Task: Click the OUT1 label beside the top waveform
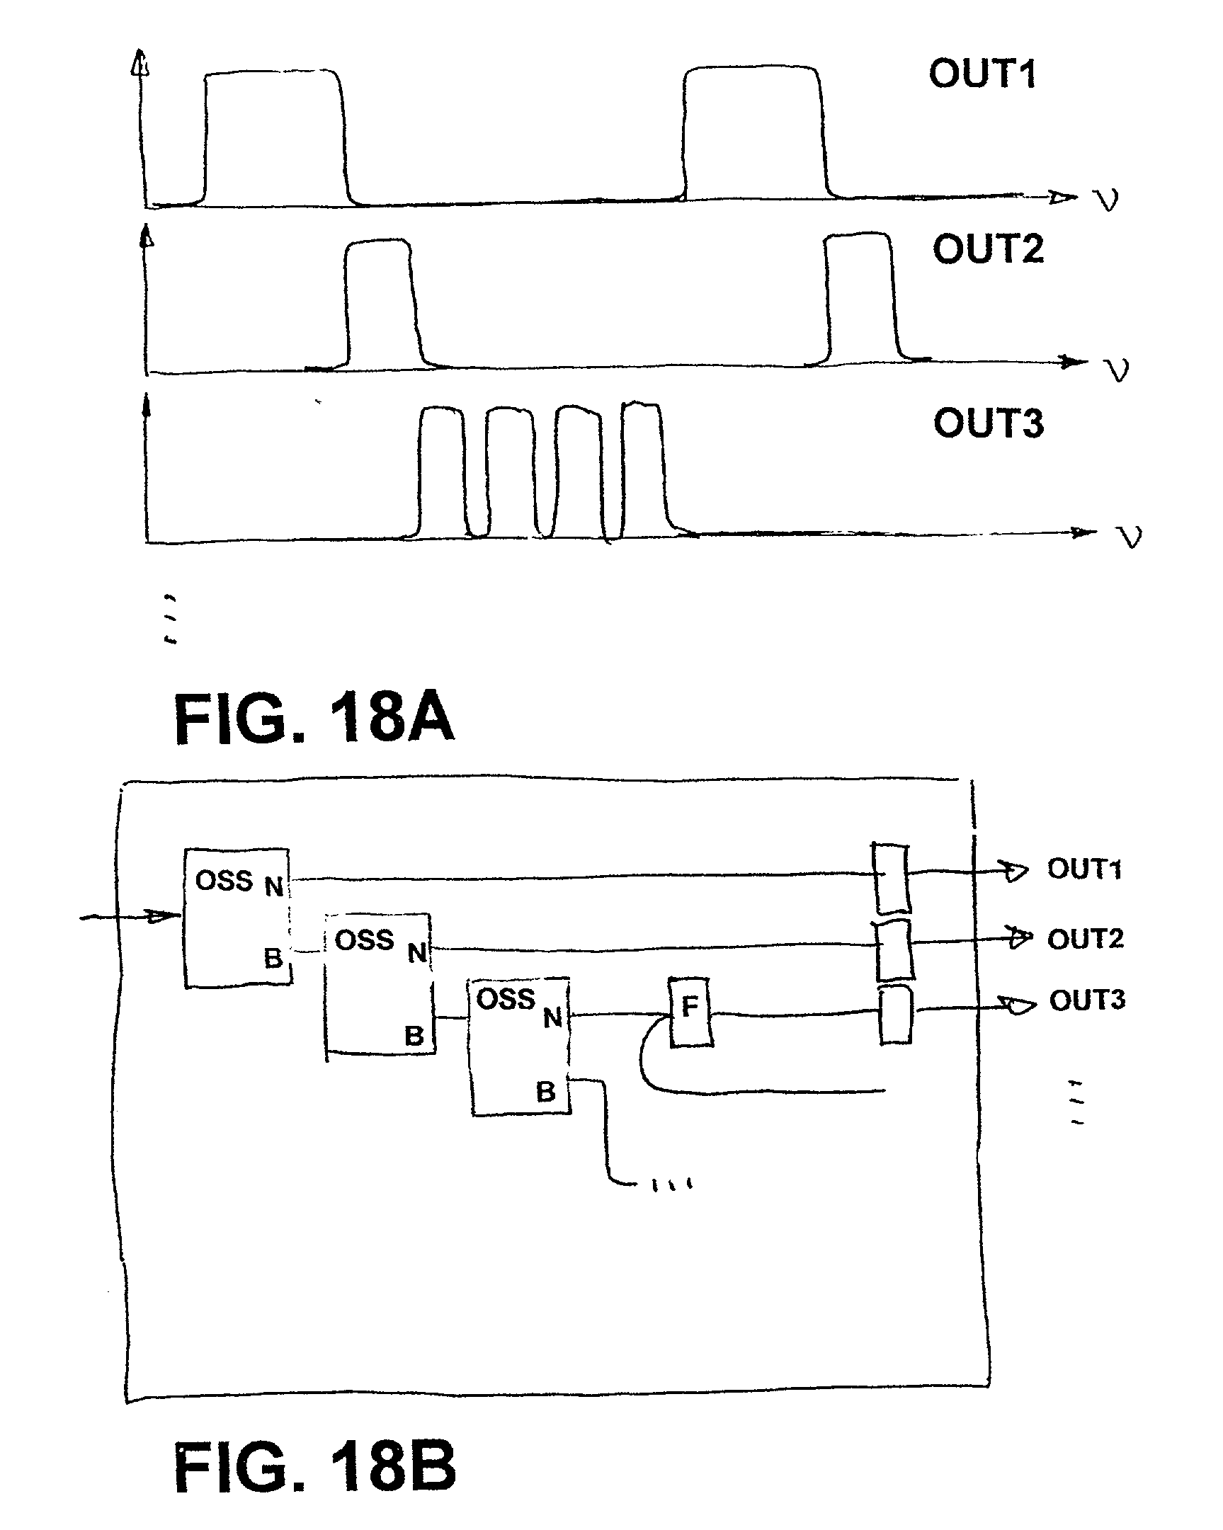coord(982,74)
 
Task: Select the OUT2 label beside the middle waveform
coord(988,249)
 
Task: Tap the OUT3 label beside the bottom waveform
coord(988,423)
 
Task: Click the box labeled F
coord(690,1012)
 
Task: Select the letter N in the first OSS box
coord(274,886)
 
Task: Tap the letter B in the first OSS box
coord(273,959)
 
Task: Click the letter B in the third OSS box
coord(545,1092)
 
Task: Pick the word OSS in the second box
coord(364,940)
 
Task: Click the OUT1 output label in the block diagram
coord(1085,869)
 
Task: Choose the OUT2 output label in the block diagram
coord(1086,939)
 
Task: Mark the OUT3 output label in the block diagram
coord(1087,1000)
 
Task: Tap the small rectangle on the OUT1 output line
coord(891,878)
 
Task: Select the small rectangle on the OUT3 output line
coord(895,1015)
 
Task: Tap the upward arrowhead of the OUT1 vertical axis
coord(140,62)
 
